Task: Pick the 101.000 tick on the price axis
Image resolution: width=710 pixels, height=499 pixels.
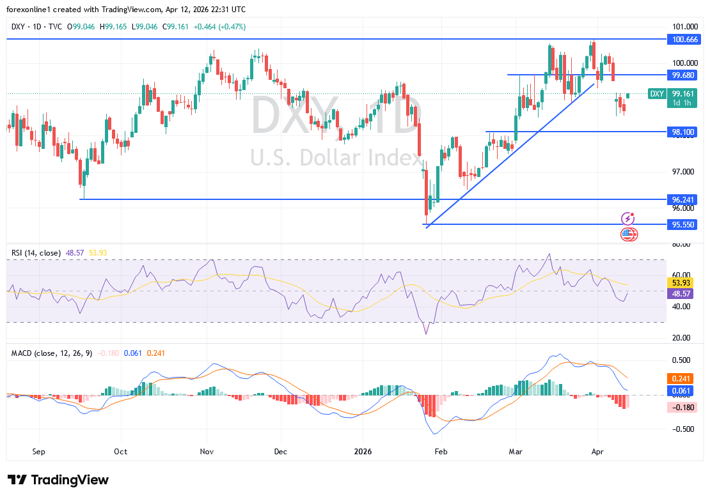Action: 684,27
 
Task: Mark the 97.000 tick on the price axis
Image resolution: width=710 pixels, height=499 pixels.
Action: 684,172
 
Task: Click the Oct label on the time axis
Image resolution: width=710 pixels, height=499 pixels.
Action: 120,451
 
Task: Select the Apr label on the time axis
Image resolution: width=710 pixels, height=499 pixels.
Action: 597,451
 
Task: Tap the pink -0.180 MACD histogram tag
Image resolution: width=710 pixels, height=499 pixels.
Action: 683,407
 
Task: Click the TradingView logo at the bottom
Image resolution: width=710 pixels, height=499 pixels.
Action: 58,480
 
